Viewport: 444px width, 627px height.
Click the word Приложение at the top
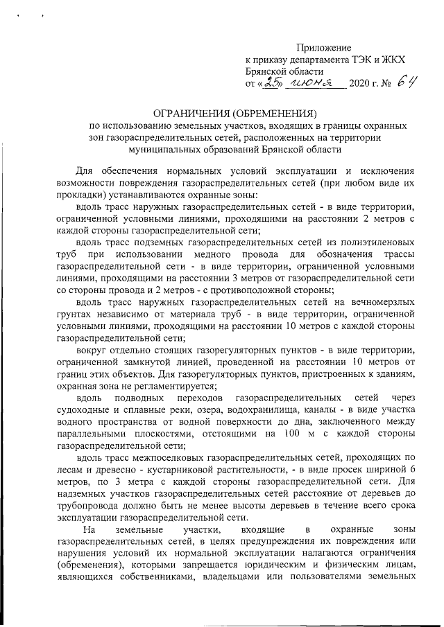pyautogui.click(x=324, y=47)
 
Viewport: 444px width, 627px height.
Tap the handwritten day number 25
pyautogui.click(x=268, y=83)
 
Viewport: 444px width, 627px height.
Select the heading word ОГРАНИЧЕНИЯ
pyautogui.click(x=196, y=112)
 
